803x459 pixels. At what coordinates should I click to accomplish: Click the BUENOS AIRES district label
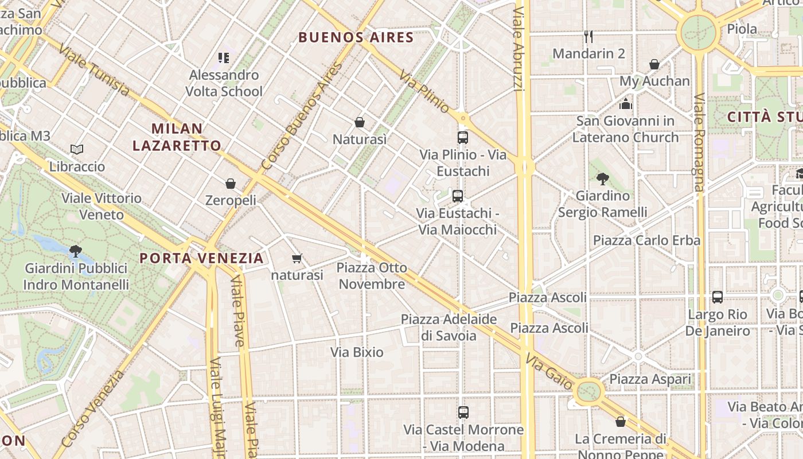pyautogui.click(x=356, y=38)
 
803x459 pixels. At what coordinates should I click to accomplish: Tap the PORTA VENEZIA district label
pyautogui.click(x=201, y=258)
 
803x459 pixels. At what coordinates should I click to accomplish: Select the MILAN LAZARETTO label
pyautogui.click(x=177, y=137)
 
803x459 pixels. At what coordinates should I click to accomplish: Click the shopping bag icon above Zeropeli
pyautogui.click(x=231, y=184)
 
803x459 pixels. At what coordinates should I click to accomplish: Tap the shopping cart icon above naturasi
pyautogui.click(x=297, y=259)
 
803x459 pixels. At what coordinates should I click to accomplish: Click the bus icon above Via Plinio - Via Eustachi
pyautogui.click(x=463, y=138)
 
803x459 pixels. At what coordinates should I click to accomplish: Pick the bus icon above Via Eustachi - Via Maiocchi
pyautogui.click(x=457, y=196)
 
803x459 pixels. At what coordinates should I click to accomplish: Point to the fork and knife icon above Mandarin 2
pyautogui.click(x=588, y=37)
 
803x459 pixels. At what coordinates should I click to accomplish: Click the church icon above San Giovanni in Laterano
pyautogui.click(x=625, y=104)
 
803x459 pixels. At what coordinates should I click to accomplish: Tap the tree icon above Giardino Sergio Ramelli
pyautogui.click(x=602, y=179)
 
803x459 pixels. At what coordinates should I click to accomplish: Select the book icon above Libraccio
pyautogui.click(x=77, y=150)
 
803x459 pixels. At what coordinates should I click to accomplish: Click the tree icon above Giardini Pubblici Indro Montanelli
pyautogui.click(x=75, y=251)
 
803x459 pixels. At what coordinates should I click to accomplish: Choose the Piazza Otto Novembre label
pyautogui.click(x=372, y=276)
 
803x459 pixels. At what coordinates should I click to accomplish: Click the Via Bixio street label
pyautogui.click(x=357, y=352)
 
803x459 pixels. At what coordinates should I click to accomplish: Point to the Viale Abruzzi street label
pyautogui.click(x=518, y=49)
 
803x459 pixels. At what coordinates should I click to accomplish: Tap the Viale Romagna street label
pyautogui.click(x=699, y=142)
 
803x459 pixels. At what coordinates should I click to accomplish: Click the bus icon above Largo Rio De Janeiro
pyautogui.click(x=717, y=297)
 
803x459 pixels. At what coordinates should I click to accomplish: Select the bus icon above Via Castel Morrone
pyautogui.click(x=463, y=413)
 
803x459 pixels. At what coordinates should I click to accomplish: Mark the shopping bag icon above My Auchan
pyautogui.click(x=654, y=64)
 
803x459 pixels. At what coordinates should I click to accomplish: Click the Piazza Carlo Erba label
pyautogui.click(x=646, y=240)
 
